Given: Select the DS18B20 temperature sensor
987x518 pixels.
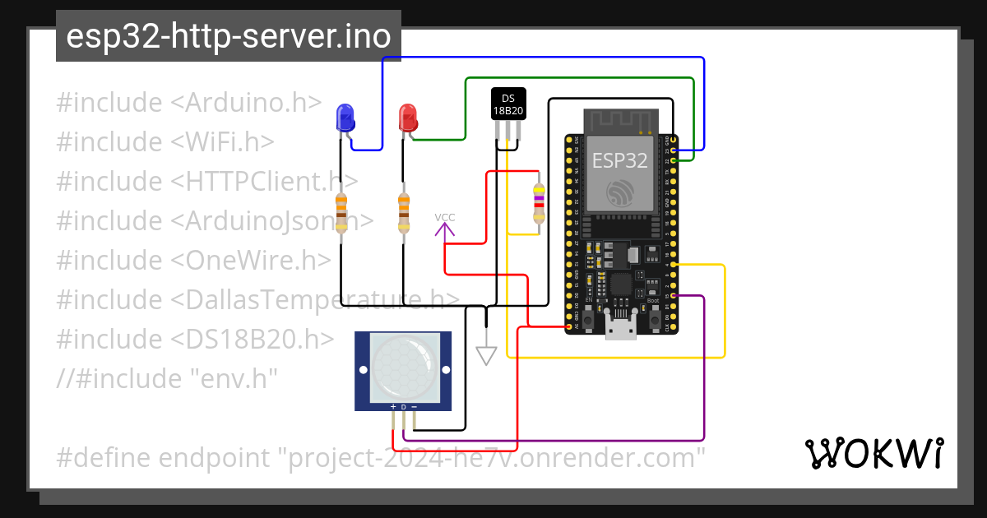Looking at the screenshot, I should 508,104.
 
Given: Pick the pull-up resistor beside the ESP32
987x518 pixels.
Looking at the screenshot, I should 539,202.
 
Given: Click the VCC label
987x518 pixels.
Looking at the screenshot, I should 445,219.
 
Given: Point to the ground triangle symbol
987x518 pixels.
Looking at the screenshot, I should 487,355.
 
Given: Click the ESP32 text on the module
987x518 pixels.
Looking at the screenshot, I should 619,160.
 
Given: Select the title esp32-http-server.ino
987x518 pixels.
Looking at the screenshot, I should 229,37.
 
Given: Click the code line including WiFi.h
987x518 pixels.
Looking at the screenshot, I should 165,142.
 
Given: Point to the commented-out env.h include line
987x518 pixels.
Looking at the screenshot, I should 167,379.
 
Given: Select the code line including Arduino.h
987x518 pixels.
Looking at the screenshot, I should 189,103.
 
